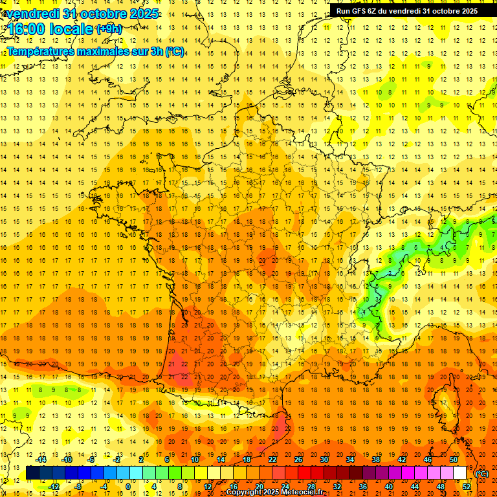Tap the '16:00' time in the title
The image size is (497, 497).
(x=27, y=29)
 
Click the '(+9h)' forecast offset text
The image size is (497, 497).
(x=108, y=29)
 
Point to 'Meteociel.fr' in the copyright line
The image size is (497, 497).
(x=302, y=492)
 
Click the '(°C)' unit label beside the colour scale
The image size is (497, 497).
(x=482, y=474)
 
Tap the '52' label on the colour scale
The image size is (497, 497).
(x=467, y=487)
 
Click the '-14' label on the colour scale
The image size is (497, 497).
(x=41, y=459)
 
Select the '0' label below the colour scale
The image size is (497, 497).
(x=127, y=487)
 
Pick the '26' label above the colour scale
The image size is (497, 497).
(x=298, y=459)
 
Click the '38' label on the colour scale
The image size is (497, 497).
(x=376, y=459)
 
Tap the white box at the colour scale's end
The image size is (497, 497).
(x=460, y=473)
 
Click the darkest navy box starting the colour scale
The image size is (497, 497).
(x=33, y=473)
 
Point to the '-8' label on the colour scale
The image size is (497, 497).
(x=78, y=487)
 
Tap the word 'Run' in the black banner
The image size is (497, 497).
(x=343, y=11)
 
